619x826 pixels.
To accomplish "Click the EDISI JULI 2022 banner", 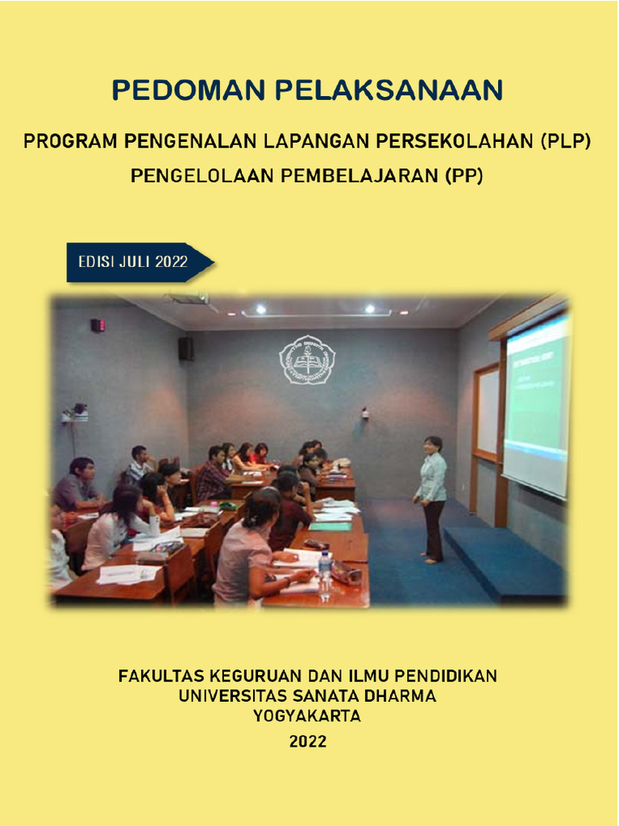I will pyautogui.click(x=134, y=262).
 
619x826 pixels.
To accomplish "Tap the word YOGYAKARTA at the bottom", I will pyautogui.click(x=307, y=715).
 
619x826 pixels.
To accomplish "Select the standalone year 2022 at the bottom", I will pyautogui.click(x=308, y=741).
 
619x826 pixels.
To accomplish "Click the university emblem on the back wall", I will pyautogui.click(x=306, y=360).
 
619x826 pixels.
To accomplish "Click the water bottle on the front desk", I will pyautogui.click(x=325, y=575).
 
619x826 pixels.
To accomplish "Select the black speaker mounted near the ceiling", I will pyautogui.click(x=185, y=348).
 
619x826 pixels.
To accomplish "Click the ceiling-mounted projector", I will pyautogui.click(x=190, y=298).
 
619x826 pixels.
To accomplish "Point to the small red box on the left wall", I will pyautogui.click(x=98, y=325).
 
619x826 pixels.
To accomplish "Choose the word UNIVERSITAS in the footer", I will pyautogui.click(x=233, y=695).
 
